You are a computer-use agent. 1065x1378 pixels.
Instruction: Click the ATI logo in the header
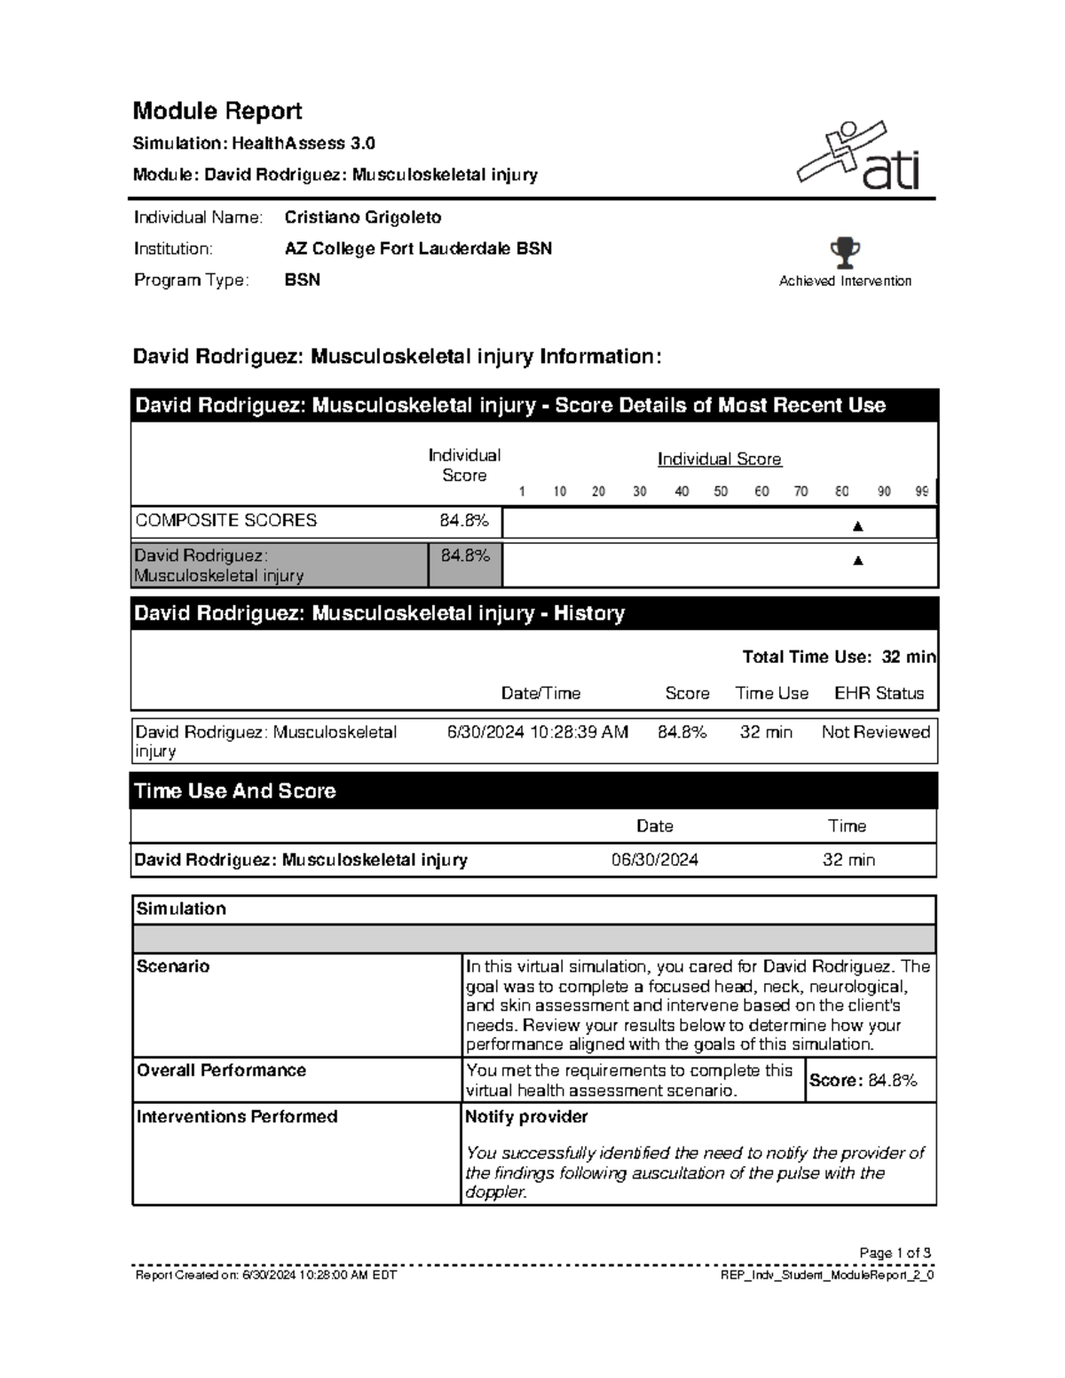tap(859, 158)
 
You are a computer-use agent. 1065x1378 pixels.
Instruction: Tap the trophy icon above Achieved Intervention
tap(845, 253)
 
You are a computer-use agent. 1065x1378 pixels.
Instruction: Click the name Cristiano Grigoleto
tap(362, 217)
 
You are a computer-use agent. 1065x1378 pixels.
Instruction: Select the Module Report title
tap(217, 111)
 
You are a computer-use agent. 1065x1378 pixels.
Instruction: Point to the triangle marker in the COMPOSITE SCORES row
tap(857, 526)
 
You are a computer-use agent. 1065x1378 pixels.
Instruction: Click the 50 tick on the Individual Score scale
tap(721, 491)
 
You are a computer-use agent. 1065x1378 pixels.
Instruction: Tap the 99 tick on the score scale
tap(922, 491)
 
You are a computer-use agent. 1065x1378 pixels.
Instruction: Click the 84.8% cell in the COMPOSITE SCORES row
tap(464, 521)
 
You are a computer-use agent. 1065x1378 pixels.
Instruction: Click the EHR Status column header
tap(879, 693)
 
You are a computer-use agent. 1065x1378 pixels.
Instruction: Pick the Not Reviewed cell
tap(875, 732)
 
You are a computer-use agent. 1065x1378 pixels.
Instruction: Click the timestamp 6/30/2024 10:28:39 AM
tap(538, 732)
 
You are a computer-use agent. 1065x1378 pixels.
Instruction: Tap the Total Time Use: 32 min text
tap(838, 657)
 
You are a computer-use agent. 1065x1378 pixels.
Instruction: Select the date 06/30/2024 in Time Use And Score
tap(655, 860)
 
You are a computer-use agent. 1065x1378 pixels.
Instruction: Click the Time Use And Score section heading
tap(235, 791)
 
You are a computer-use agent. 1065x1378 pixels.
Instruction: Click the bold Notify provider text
tap(526, 1116)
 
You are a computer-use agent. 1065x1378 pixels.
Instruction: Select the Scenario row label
tap(173, 966)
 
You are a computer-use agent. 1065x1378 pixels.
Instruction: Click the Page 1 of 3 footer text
tap(895, 1253)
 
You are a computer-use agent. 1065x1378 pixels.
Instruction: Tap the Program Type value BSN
tap(303, 280)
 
